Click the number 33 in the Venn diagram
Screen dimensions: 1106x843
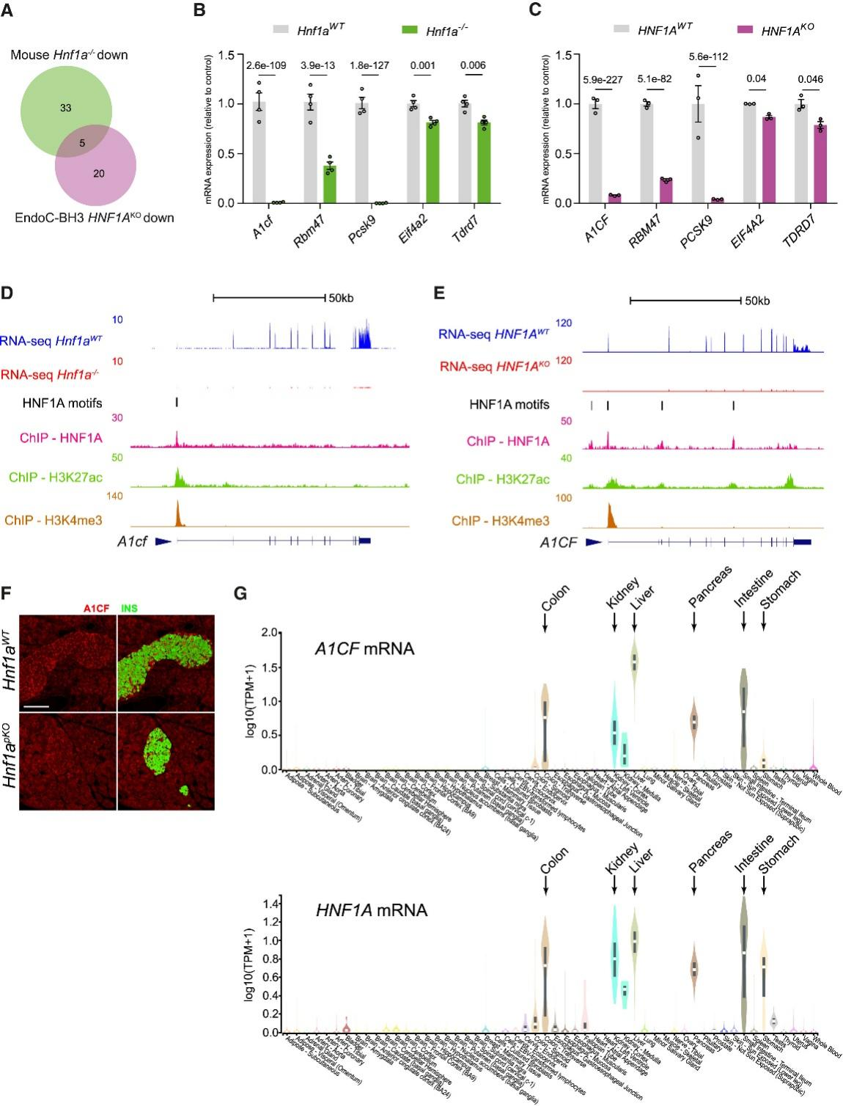[66, 108]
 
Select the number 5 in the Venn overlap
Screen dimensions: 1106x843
[82, 143]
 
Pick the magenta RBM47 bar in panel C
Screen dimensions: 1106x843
[665, 191]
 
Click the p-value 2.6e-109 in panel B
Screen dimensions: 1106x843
[266, 65]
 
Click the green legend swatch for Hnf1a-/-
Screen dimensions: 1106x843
[411, 30]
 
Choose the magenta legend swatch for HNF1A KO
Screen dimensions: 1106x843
[745, 30]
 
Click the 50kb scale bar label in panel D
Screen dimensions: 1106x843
[341, 298]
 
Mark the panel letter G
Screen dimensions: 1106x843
[240, 591]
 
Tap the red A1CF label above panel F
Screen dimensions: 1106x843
[96, 607]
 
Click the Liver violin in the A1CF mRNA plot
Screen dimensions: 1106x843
[635, 660]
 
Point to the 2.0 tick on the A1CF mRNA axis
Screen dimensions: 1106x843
[277, 633]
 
